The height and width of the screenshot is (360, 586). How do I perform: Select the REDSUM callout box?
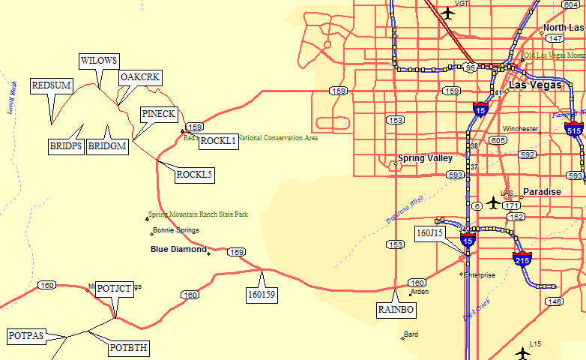click(x=52, y=85)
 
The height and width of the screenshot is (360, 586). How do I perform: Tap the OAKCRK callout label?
click(x=141, y=76)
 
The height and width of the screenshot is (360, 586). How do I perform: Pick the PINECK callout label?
click(x=158, y=114)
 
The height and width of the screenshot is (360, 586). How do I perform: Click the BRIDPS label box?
click(x=66, y=146)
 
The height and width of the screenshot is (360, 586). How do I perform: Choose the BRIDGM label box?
click(x=107, y=146)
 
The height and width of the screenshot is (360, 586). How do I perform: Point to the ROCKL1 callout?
click(x=218, y=141)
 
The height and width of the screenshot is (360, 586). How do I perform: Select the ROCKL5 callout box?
click(x=195, y=175)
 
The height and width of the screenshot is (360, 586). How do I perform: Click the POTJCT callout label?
click(x=115, y=289)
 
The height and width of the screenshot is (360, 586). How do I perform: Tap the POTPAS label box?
click(x=26, y=335)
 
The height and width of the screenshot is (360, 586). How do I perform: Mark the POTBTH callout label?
click(x=129, y=348)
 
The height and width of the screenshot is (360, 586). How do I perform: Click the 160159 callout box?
click(x=262, y=295)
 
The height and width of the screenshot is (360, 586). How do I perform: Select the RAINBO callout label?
click(x=395, y=309)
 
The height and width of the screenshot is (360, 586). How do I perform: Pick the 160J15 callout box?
click(x=430, y=233)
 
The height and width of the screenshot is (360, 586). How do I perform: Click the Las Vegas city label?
click(x=535, y=85)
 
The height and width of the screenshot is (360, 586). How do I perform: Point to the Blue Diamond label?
click(x=178, y=249)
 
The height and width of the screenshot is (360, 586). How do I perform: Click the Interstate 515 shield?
click(x=575, y=129)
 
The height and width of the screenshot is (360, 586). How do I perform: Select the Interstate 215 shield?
click(x=522, y=259)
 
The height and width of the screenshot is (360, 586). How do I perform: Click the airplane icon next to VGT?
click(x=448, y=12)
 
